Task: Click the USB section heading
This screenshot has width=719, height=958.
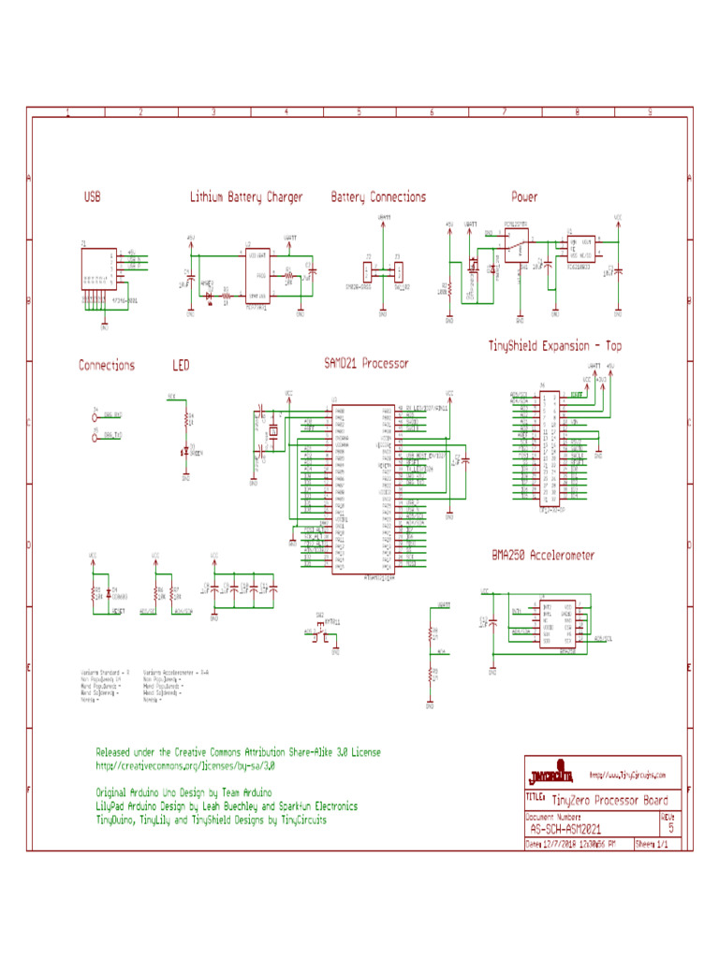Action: pyautogui.click(x=92, y=197)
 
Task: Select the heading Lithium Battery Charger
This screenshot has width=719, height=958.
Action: pyautogui.click(x=246, y=197)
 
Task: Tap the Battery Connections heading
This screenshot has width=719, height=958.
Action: pyautogui.click(x=378, y=197)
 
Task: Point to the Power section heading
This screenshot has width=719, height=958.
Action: pyautogui.click(x=524, y=197)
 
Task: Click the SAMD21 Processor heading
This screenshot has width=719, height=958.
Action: pyautogui.click(x=365, y=363)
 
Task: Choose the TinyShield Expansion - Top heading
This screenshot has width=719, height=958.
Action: pyautogui.click(x=554, y=346)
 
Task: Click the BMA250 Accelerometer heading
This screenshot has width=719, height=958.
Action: pyautogui.click(x=543, y=555)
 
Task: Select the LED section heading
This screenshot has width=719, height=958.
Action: pyautogui.click(x=182, y=365)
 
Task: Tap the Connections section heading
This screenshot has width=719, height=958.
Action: pyautogui.click(x=107, y=365)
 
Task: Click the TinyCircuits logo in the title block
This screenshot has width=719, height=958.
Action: pyautogui.click(x=551, y=776)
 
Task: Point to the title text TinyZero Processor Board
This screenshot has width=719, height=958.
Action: pyautogui.click(x=609, y=800)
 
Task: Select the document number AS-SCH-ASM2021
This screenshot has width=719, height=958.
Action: pyautogui.click(x=565, y=828)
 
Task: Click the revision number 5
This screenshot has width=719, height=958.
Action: pyautogui.click(x=670, y=828)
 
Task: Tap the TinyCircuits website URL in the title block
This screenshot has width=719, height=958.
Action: pyautogui.click(x=627, y=775)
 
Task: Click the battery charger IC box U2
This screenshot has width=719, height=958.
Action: pyautogui.click(x=257, y=277)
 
